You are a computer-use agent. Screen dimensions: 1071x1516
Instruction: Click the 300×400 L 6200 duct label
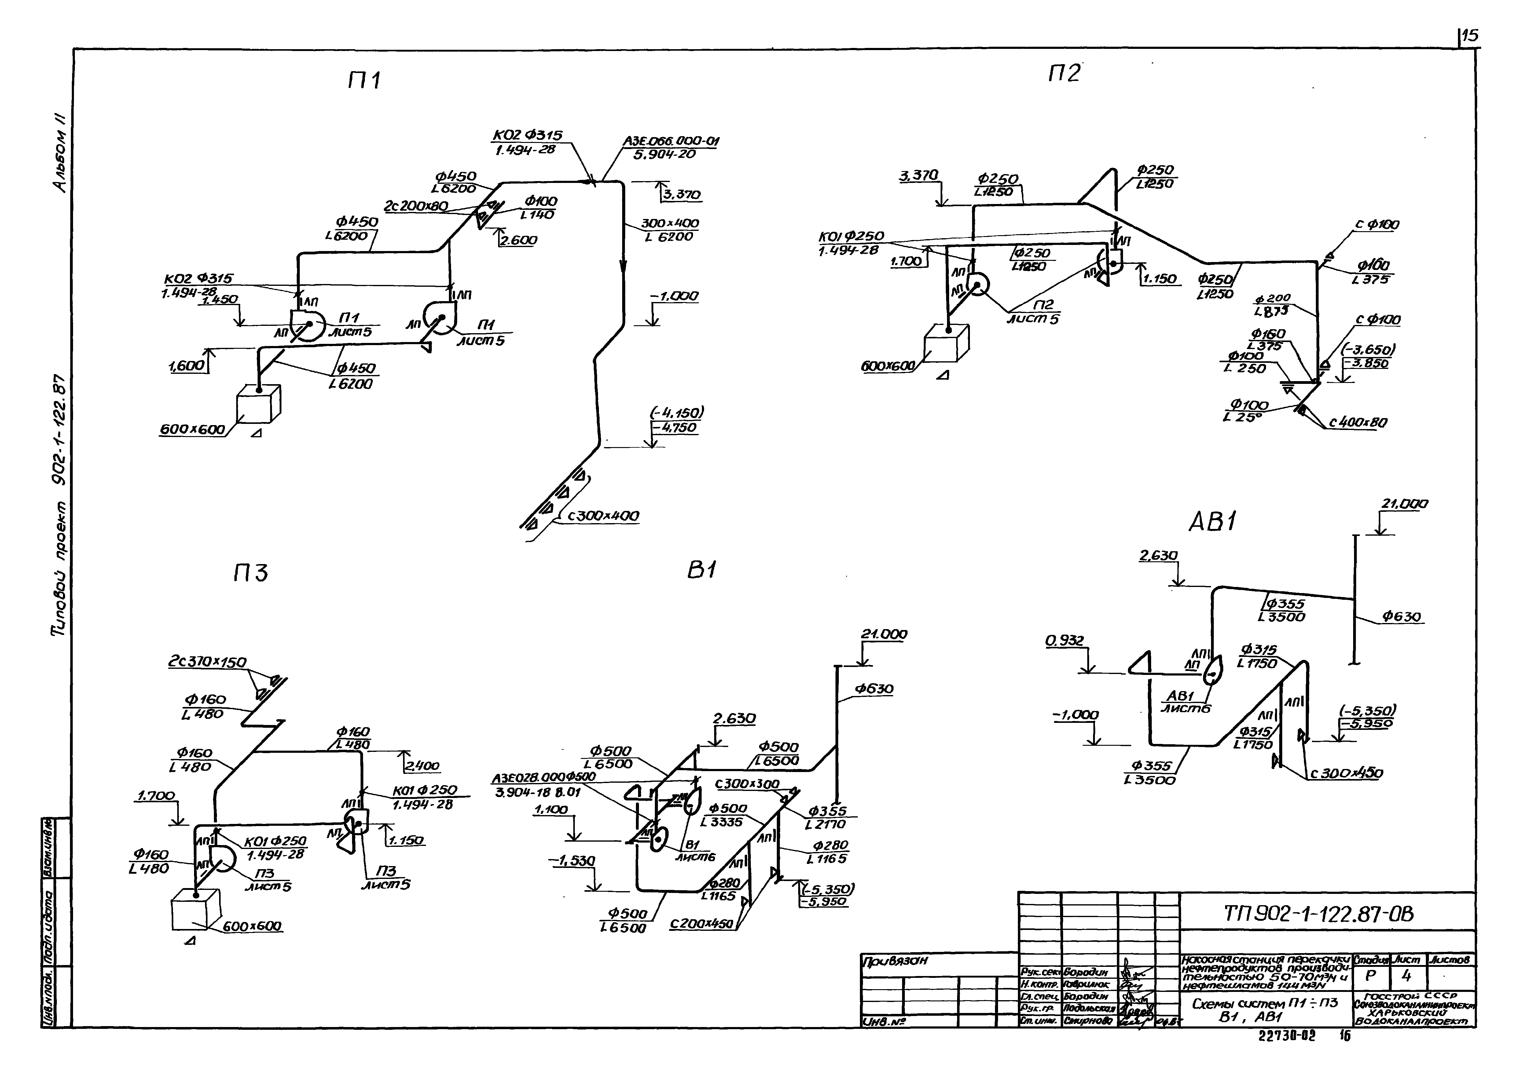[x=670, y=230]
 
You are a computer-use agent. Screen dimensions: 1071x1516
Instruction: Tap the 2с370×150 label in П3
[x=207, y=661]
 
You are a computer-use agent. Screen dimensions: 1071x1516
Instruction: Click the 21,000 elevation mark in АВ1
[x=1404, y=504]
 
